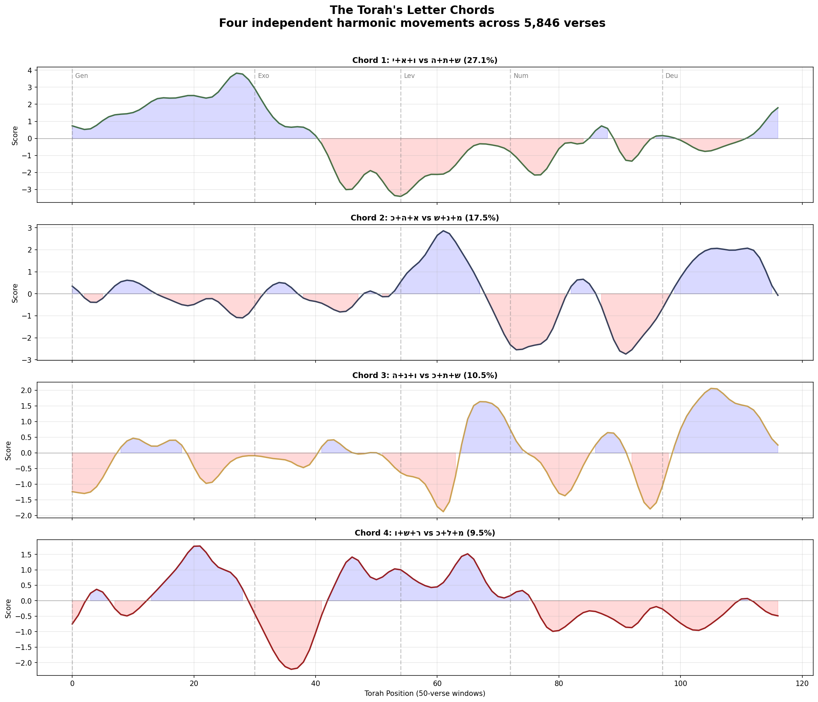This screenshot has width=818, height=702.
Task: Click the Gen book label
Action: click(x=81, y=76)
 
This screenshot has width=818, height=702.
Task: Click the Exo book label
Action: click(x=263, y=76)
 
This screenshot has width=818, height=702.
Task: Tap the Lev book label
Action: click(x=409, y=76)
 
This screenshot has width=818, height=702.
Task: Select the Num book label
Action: click(x=521, y=76)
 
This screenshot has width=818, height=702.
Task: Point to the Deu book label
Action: click(x=672, y=76)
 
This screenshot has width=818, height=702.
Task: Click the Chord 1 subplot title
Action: click(x=425, y=60)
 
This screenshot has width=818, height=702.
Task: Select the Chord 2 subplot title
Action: click(x=425, y=218)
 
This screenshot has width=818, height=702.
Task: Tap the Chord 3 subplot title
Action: click(x=425, y=376)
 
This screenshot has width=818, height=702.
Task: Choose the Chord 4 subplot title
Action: click(x=425, y=533)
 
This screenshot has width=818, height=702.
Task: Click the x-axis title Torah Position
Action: click(x=425, y=693)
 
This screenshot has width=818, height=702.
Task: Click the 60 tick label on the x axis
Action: click(x=437, y=683)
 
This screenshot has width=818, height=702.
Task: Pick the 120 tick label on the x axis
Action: click(x=801, y=683)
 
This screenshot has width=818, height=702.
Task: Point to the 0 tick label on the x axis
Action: click(x=72, y=683)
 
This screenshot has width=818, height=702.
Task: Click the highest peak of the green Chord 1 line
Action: click(x=237, y=73)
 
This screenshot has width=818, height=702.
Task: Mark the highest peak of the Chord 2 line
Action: click(x=443, y=231)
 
